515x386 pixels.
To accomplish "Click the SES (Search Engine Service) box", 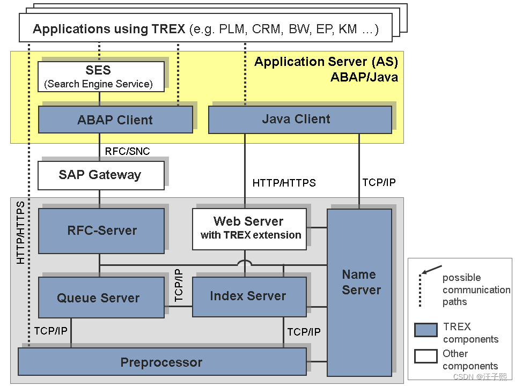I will pyautogui.click(x=101, y=76).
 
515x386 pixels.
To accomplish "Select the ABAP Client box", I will pyautogui.click(x=115, y=120).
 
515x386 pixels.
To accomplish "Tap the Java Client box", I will pyautogui.click(x=299, y=119).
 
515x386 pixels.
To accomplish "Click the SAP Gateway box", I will pyautogui.click(x=101, y=175).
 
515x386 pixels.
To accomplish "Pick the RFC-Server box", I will pyautogui.click(x=101, y=231).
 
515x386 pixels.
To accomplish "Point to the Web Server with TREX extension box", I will pyautogui.click(x=249, y=229).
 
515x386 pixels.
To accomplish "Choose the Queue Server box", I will pyautogui.click(x=101, y=298).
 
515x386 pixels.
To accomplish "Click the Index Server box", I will pyautogui.click(x=249, y=296).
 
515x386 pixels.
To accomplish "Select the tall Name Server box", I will pyautogui.click(x=359, y=292).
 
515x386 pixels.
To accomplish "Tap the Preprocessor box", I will pyautogui.click(x=162, y=362).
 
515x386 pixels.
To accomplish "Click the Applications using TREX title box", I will pyautogui.click(x=205, y=29).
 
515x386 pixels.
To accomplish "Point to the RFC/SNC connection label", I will pyautogui.click(x=127, y=151).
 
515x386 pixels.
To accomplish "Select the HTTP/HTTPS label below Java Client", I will pyautogui.click(x=284, y=183).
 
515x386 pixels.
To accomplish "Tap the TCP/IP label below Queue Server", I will pyautogui.click(x=51, y=331).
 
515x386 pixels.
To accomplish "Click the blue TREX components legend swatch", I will pyautogui.click(x=425, y=330).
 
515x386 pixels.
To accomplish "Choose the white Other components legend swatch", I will pyautogui.click(x=425, y=356).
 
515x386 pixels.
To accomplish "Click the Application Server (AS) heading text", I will pyautogui.click(x=326, y=62).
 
